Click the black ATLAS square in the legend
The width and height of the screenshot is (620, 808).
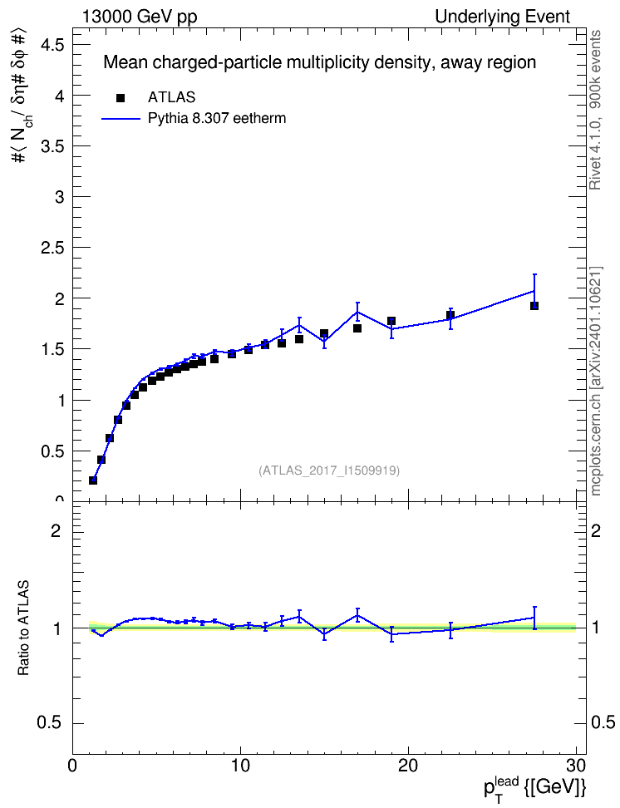(121, 98)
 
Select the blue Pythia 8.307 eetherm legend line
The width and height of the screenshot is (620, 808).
(121, 119)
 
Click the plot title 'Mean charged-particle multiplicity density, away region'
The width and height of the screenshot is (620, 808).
(319, 62)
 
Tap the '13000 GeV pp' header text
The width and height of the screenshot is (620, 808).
(139, 17)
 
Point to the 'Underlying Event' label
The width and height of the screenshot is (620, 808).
(503, 17)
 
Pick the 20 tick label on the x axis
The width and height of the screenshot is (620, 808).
(408, 766)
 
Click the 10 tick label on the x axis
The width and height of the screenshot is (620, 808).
(240, 766)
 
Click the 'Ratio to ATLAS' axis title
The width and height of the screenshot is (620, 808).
(23, 628)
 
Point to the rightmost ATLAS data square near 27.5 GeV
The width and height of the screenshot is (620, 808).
(534, 306)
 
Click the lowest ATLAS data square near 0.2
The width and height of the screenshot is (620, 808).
(93, 480)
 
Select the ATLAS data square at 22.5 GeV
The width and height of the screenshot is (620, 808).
(450, 315)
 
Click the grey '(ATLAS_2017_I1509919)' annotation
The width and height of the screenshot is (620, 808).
(329, 471)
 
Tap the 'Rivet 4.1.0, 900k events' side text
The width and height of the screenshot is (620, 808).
(595, 111)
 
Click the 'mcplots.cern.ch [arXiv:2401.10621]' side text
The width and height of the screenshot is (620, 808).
(595, 382)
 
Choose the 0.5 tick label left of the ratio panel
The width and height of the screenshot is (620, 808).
(49, 723)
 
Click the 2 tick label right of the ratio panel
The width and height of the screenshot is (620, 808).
(596, 530)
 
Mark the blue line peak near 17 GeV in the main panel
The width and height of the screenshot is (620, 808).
(357, 311)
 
